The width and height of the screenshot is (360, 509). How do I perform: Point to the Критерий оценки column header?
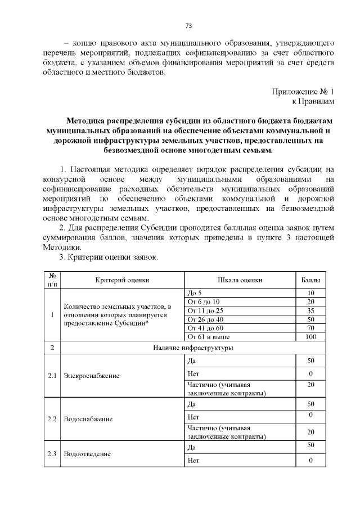pyautogui.click(x=122, y=280)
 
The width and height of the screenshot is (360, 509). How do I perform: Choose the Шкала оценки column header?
pyautogui.click(x=240, y=280)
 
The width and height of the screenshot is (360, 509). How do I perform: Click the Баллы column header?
pyautogui.click(x=310, y=280)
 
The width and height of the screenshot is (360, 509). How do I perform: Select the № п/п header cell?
pyautogui.click(x=52, y=280)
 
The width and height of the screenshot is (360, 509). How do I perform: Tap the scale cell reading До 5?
pyautogui.click(x=194, y=293)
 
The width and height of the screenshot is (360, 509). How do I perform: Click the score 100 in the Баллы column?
pyautogui.click(x=310, y=336)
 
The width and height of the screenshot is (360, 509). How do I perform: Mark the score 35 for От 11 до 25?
pyautogui.click(x=310, y=310)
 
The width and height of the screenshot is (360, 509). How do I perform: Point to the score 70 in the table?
pyautogui.click(x=310, y=328)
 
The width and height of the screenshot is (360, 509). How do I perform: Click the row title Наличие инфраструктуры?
pyautogui.click(x=193, y=348)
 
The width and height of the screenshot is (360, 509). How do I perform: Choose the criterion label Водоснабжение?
pyautogui.click(x=88, y=419)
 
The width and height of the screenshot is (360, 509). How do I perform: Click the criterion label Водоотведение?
pyautogui.click(x=87, y=454)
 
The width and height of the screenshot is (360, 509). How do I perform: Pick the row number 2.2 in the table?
pyautogui.click(x=52, y=419)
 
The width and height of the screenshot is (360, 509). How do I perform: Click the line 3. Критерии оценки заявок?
pyautogui.click(x=109, y=257)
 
